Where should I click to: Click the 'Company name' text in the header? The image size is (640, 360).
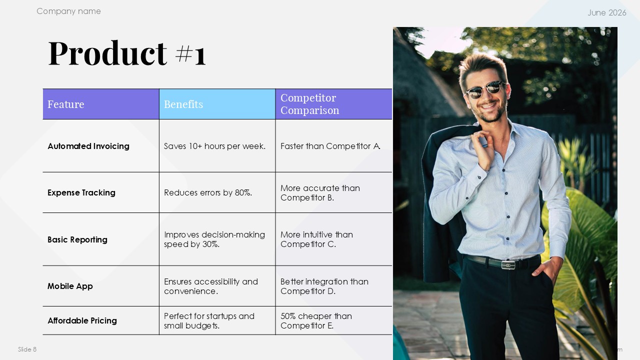click(68, 11)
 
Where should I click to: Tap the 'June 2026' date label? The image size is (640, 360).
click(607, 12)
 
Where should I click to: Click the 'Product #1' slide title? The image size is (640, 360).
click(127, 53)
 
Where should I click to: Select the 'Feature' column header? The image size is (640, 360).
click(65, 104)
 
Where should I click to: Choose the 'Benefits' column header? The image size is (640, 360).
click(183, 104)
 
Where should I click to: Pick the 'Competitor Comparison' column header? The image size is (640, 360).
click(309, 103)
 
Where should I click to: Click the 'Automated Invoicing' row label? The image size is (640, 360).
click(88, 146)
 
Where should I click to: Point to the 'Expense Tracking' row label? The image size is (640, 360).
click(81, 192)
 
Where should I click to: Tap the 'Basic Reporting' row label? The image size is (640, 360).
click(77, 239)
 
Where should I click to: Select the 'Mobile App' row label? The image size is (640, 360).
click(70, 286)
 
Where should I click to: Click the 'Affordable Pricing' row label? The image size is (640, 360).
click(82, 320)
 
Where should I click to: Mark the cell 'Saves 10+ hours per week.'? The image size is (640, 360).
click(214, 146)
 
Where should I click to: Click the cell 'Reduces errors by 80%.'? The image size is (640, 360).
click(208, 192)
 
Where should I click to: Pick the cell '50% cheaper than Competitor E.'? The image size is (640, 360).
click(316, 320)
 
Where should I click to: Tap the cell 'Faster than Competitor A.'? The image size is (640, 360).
click(330, 146)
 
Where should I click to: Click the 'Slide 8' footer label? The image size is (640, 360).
click(27, 349)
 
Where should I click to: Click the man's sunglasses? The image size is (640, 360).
click(484, 89)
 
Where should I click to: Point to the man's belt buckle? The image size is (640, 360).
click(508, 265)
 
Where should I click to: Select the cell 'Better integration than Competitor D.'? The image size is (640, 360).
click(324, 286)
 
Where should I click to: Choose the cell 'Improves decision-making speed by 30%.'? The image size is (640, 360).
click(214, 239)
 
